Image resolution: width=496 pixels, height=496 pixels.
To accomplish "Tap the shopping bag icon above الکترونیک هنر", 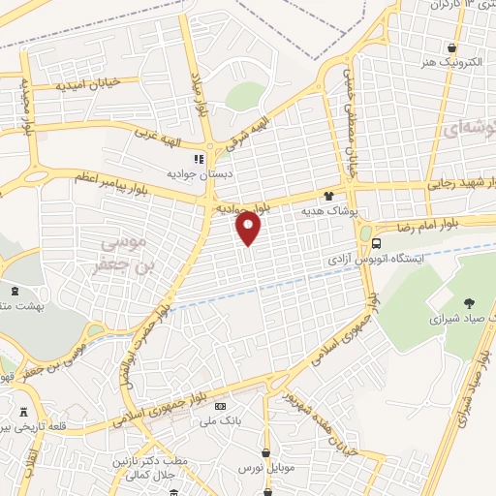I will coord(451,47).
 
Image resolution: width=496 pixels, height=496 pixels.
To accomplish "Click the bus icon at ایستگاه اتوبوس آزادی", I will coord(377,244).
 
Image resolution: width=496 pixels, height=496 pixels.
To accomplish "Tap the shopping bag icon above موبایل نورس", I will coord(265,452).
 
